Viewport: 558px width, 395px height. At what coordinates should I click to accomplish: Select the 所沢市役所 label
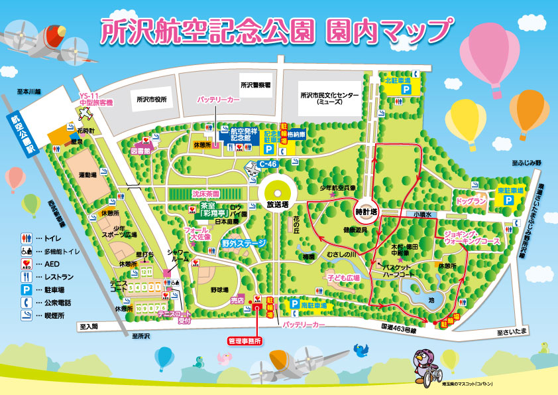point(151,100)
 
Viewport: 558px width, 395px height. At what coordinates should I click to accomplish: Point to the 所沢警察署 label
point(255,85)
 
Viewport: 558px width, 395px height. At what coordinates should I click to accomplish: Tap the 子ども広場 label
point(343,277)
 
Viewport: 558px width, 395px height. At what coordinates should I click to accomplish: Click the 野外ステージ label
point(244,244)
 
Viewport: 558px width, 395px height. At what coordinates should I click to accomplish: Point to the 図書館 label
point(141,151)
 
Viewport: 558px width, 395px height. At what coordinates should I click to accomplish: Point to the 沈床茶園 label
point(206,194)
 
